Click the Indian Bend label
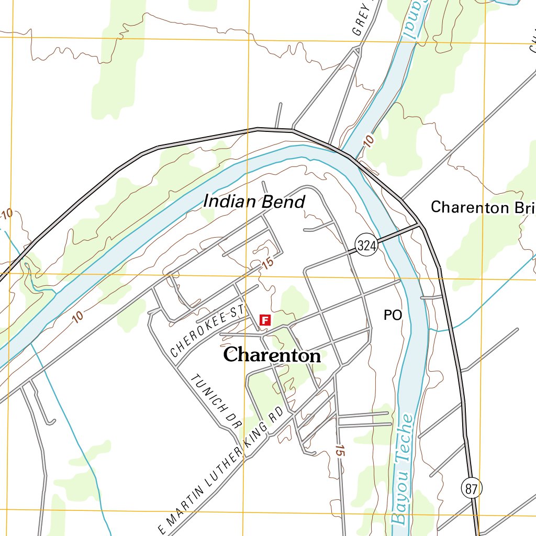(254, 201)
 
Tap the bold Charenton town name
(272, 355)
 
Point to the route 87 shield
(472, 488)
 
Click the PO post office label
(393, 315)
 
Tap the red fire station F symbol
(265, 319)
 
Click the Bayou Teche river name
(402, 470)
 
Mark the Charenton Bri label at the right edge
(482, 207)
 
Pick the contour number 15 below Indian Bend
(267, 264)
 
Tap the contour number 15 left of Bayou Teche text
(340, 450)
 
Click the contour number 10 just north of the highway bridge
(368, 141)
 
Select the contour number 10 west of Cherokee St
(77, 317)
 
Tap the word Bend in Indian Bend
(284, 202)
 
